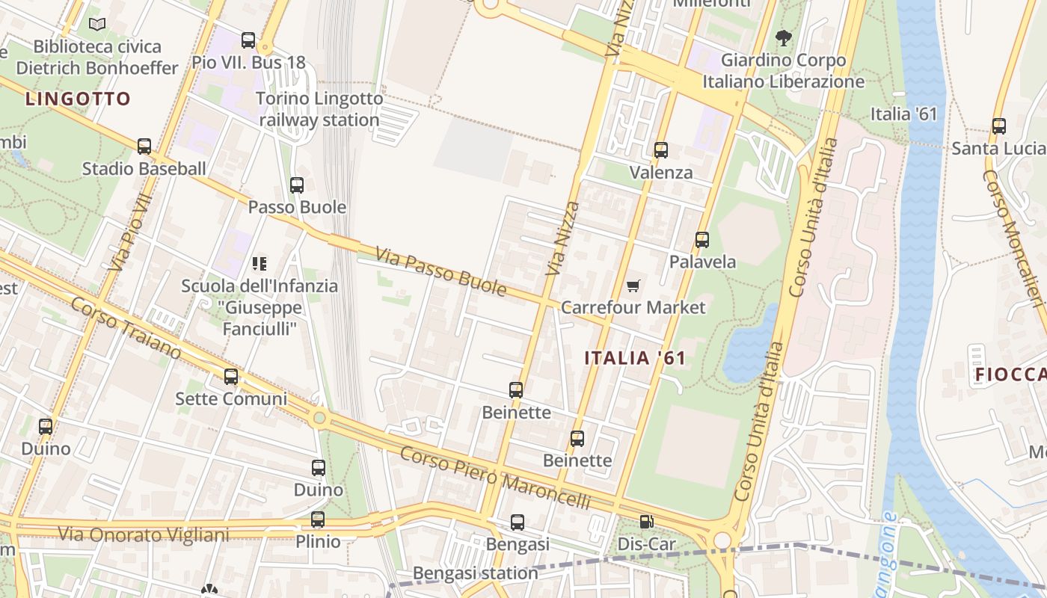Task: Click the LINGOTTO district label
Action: pos(78,99)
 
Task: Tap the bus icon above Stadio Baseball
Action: pos(144,147)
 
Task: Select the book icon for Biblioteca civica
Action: pos(97,25)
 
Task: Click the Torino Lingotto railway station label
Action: pos(319,109)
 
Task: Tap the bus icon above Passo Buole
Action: pos(297,185)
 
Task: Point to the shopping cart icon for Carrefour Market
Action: pos(633,286)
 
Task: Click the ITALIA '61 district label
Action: pos(635,358)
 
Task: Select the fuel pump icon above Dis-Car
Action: pos(646,523)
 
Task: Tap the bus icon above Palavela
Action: pos(702,240)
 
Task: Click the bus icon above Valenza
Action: pos(661,150)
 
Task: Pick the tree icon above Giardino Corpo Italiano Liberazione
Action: pos(783,37)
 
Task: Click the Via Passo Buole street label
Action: pos(441,271)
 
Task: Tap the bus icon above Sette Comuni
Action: pos(231,377)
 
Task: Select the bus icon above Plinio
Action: pos(318,520)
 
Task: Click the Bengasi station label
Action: pos(476,573)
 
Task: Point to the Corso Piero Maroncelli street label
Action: pos(495,478)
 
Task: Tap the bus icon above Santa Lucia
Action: pos(999,126)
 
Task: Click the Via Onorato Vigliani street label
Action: pos(144,534)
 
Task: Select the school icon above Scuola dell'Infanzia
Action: pos(260,263)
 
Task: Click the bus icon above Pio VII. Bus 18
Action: pos(248,40)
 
